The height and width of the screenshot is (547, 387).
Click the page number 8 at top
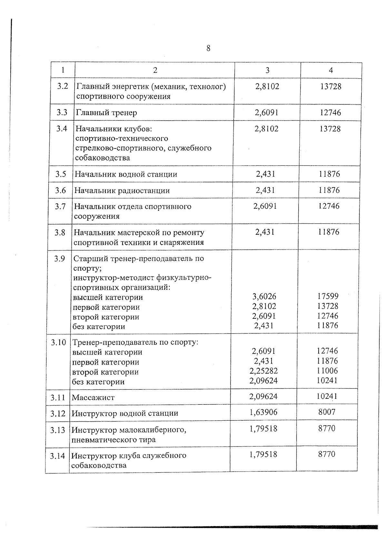click(208, 48)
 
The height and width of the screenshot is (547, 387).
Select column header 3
click(267, 70)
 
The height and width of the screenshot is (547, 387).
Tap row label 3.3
click(62, 112)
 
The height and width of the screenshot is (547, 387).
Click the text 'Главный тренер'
click(106, 113)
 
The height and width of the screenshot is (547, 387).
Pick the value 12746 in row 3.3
click(330, 112)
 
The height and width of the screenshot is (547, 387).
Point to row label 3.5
click(61, 174)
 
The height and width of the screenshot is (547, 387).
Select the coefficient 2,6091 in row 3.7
click(265, 206)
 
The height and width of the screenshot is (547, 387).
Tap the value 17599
click(328, 296)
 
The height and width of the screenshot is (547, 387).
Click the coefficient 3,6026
click(264, 296)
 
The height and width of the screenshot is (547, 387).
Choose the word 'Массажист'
click(93, 397)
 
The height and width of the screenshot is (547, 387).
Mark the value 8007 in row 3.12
click(327, 412)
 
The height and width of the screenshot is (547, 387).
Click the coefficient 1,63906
click(263, 412)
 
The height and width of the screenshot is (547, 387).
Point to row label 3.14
click(58, 456)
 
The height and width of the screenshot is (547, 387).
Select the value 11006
click(327, 371)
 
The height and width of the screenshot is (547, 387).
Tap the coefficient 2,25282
click(263, 371)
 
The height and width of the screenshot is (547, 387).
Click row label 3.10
click(58, 342)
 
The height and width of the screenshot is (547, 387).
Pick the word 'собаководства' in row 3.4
click(103, 158)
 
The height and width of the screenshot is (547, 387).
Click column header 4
click(331, 70)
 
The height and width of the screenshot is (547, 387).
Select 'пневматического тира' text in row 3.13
click(113, 440)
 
